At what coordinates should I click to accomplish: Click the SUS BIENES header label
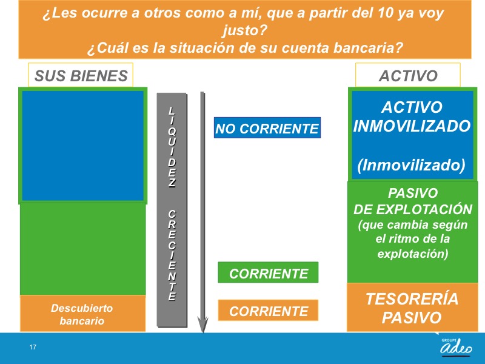[81, 75]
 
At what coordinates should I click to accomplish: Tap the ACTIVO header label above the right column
[407, 75]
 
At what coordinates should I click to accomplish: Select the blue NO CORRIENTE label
[267, 128]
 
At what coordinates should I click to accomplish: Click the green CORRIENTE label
[268, 272]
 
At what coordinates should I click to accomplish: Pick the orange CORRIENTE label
[268, 310]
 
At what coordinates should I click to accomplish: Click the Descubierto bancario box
[82, 313]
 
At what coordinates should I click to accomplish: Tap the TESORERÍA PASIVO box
[412, 308]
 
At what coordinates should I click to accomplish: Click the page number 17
[33, 347]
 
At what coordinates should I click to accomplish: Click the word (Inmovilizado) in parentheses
[411, 164]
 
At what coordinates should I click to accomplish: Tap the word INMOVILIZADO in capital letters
[412, 126]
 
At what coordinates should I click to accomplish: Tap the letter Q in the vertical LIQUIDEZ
[172, 132]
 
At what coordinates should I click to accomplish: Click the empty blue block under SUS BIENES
[82, 146]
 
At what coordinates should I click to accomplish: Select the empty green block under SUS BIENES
[82, 249]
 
